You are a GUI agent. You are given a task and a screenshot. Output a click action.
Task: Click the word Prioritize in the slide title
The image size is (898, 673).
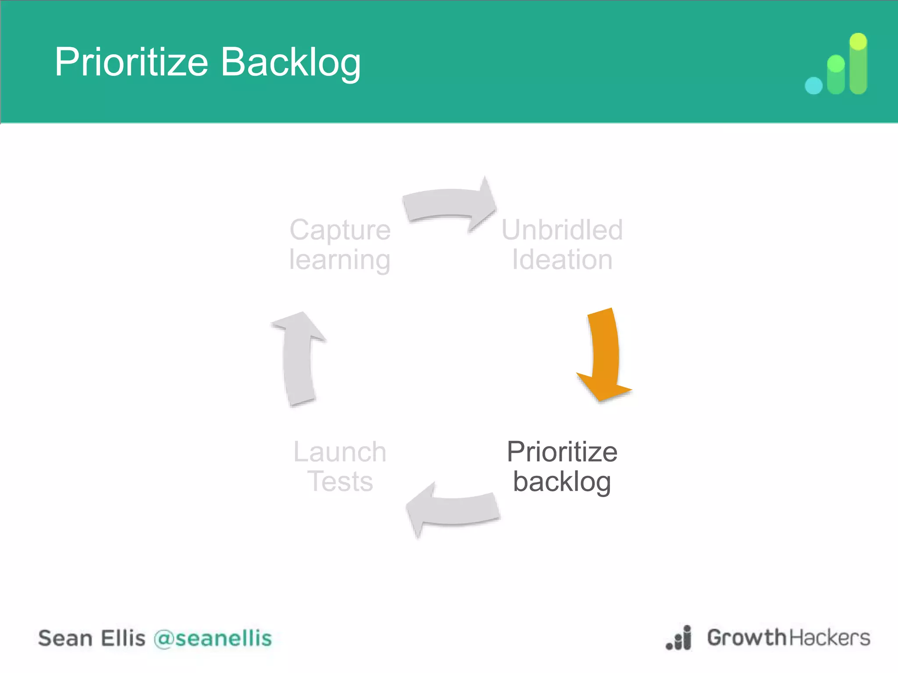[131, 62]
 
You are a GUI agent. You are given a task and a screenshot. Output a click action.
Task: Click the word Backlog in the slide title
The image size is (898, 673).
[291, 62]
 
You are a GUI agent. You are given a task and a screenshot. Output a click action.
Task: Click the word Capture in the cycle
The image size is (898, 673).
[340, 230]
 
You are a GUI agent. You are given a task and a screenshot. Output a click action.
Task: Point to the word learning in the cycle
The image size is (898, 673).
[340, 260]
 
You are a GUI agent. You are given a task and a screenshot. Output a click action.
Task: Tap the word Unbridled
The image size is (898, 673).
[562, 230]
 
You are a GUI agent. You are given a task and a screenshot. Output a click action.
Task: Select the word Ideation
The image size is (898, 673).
[562, 260]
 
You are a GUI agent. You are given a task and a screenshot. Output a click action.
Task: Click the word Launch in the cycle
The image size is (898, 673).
[340, 452]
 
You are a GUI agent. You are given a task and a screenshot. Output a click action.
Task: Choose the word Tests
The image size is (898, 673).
[340, 482]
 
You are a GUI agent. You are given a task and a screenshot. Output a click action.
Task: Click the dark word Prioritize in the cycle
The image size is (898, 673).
[562, 452]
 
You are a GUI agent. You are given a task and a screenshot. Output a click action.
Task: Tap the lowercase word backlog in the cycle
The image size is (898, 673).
[562, 482]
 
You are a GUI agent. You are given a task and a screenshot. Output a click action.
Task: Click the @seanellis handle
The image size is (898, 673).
[213, 638]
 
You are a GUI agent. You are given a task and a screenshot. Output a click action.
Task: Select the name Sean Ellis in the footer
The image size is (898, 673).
[92, 638]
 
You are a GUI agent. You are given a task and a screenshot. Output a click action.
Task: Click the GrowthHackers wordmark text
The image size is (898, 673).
[788, 638]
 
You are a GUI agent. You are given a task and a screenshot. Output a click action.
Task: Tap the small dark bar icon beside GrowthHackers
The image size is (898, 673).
[680, 638]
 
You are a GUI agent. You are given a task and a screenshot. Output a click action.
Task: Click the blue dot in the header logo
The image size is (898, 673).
[813, 85]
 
